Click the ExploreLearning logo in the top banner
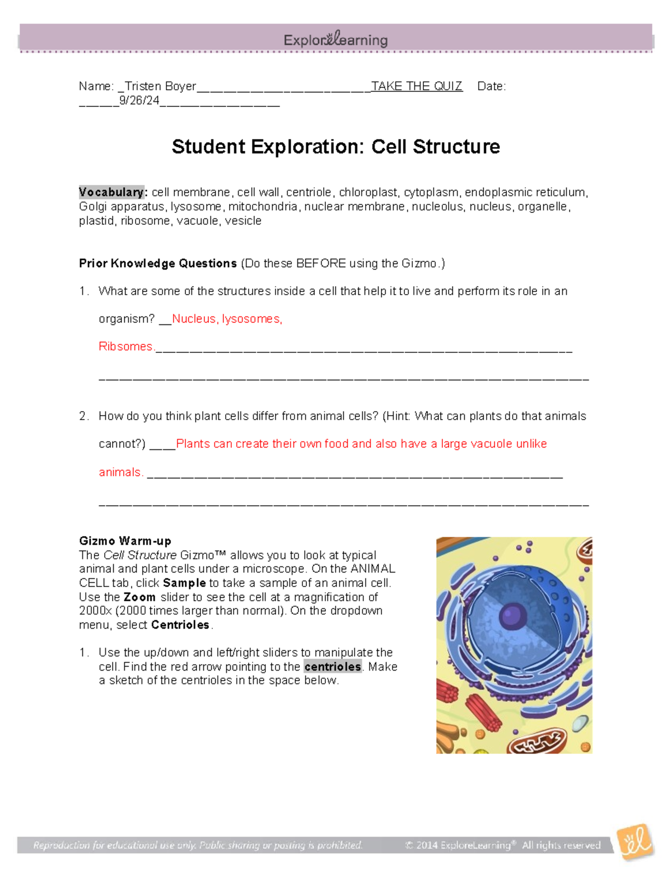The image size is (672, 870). [x=335, y=39]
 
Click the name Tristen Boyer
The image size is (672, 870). [x=160, y=86]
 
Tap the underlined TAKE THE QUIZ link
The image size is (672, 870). [x=417, y=86]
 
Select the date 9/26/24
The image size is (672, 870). [x=139, y=101]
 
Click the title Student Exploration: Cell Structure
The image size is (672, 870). [x=335, y=147]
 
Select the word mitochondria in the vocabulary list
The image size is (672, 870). [x=263, y=207]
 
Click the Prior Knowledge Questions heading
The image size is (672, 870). [x=158, y=263]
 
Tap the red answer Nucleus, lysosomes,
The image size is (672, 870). [x=227, y=319]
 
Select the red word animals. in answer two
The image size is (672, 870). [x=121, y=472]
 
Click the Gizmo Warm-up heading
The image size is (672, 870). [x=125, y=541]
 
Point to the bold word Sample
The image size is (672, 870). [x=184, y=583]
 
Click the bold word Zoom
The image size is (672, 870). [x=139, y=597]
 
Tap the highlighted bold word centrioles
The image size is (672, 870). [x=333, y=667]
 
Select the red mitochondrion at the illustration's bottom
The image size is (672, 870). [x=537, y=742]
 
